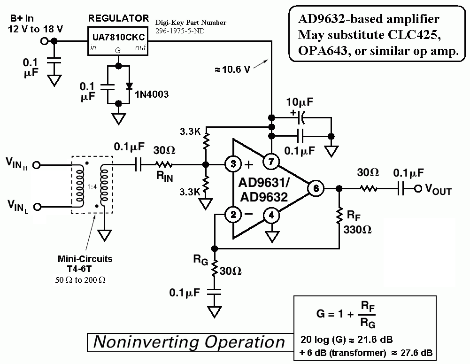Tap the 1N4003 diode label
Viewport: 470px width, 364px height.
[152, 95]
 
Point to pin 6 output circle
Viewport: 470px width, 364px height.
[316, 188]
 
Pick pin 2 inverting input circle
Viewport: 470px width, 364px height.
[231, 215]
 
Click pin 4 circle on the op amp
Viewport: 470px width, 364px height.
[270, 215]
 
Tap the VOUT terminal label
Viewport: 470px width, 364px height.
[438, 190]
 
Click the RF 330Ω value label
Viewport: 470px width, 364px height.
[357, 231]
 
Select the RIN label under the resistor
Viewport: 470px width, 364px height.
[163, 178]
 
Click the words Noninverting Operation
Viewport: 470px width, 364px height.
[189, 341]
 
